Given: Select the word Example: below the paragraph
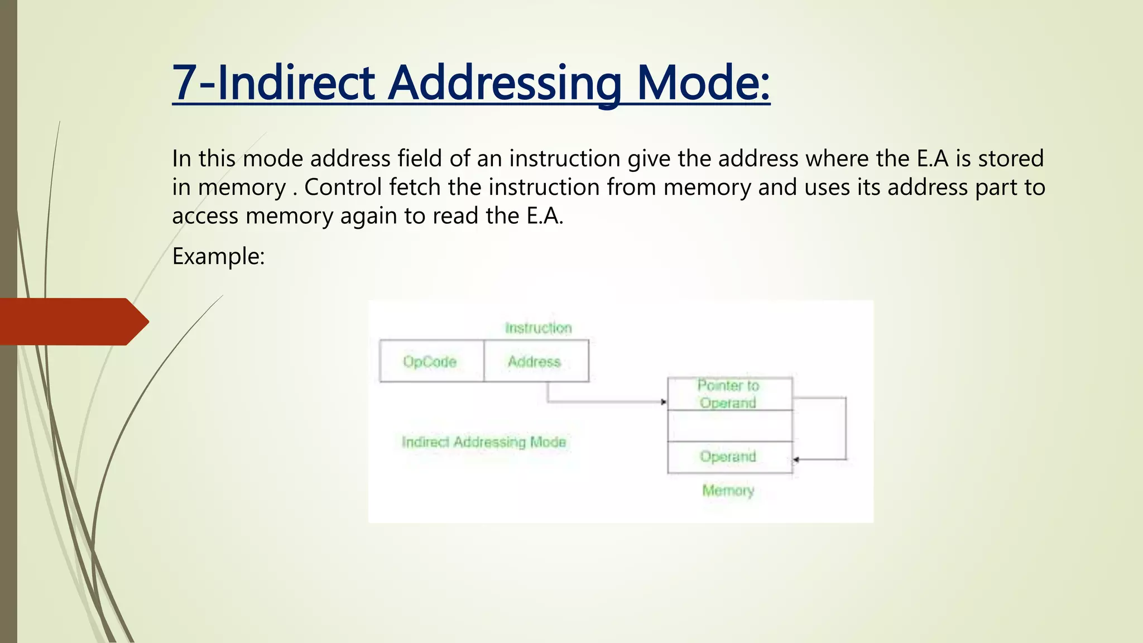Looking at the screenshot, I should pos(218,256).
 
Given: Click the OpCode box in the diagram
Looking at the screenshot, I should pos(431,361).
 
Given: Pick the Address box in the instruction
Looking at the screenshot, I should pos(535,361).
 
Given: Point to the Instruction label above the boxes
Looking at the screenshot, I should pos(538,328).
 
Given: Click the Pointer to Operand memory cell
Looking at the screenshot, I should pos(729,394).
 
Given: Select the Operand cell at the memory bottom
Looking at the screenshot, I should pos(729,457).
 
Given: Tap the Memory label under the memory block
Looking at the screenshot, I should pos(728,491).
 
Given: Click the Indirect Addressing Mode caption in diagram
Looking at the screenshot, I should pos(484,442).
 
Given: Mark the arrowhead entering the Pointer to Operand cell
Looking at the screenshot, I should pos(664,402).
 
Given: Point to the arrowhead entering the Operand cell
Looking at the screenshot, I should pos(796,459).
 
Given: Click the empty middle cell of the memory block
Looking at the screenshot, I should pos(729,426).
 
